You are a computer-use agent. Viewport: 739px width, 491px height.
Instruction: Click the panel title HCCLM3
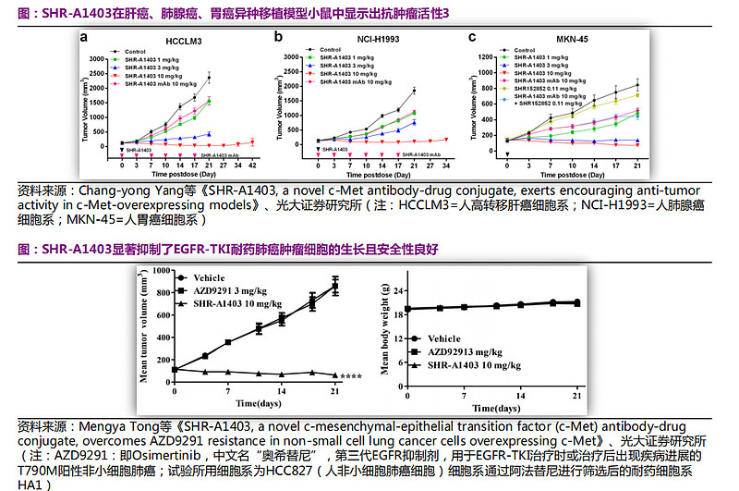tap(184, 42)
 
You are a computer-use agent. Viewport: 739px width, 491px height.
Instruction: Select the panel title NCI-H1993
tap(380, 42)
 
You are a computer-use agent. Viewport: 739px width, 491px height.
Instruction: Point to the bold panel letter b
tap(277, 38)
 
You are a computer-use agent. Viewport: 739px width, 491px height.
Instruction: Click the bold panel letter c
tap(472, 38)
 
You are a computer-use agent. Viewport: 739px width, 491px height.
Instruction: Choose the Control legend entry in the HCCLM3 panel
tap(136, 51)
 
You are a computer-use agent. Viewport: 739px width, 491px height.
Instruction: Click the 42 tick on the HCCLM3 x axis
tap(252, 165)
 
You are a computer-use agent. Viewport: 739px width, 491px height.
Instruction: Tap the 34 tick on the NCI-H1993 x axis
tap(447, 165)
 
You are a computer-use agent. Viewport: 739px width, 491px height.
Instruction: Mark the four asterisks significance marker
tap(352, 376)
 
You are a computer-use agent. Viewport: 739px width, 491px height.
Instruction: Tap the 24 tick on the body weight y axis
tap(398, 288)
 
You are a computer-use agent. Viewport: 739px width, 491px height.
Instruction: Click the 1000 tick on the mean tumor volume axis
tap(163, 271)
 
